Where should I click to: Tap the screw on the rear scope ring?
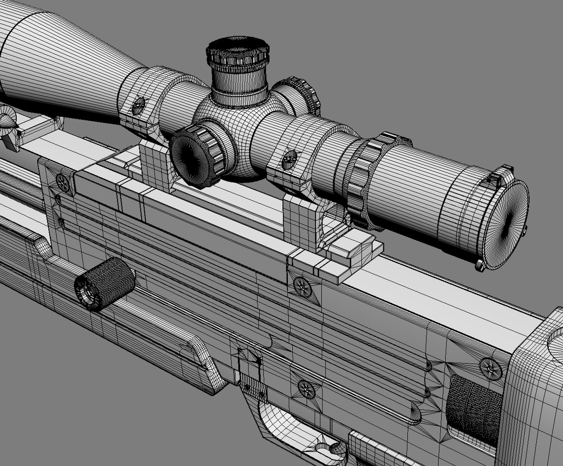288,160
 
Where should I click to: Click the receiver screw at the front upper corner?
63,183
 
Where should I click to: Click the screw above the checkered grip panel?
491,366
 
